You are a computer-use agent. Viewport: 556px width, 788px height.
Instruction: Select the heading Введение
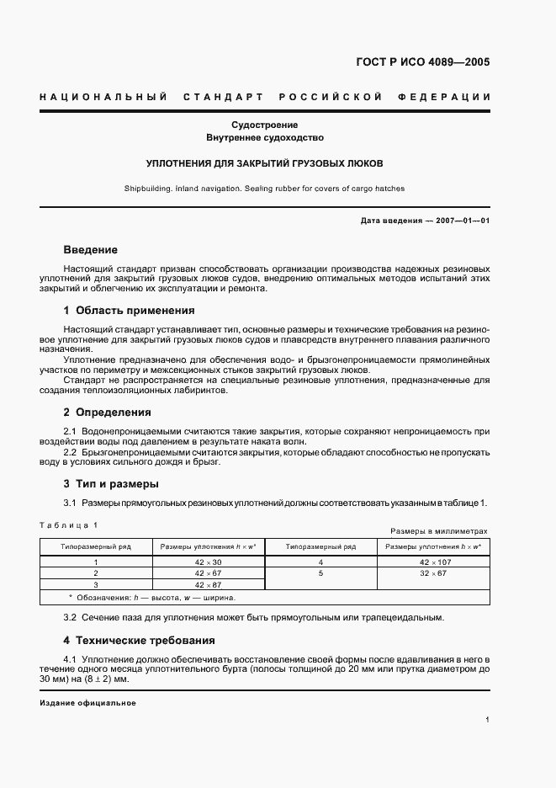[90, 250]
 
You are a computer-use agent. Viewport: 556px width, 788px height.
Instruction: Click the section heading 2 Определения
[107, 413]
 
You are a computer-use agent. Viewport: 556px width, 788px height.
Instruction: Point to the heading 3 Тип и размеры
[110, 484]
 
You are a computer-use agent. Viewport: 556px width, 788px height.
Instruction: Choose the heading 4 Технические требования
[139, 640]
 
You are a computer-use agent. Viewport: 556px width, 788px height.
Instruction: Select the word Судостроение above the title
[265, 125]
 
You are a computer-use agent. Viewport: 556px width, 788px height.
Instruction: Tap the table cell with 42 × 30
[208, 562]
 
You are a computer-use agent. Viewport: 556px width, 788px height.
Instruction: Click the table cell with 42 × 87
[208, 584]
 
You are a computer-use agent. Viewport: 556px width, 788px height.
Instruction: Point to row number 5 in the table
[320, 572]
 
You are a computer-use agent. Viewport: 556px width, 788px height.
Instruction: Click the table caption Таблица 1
[69, 525]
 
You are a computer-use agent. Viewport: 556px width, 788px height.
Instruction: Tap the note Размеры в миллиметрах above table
[440, 531]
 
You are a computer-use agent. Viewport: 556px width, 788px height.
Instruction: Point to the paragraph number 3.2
[71, 617]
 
